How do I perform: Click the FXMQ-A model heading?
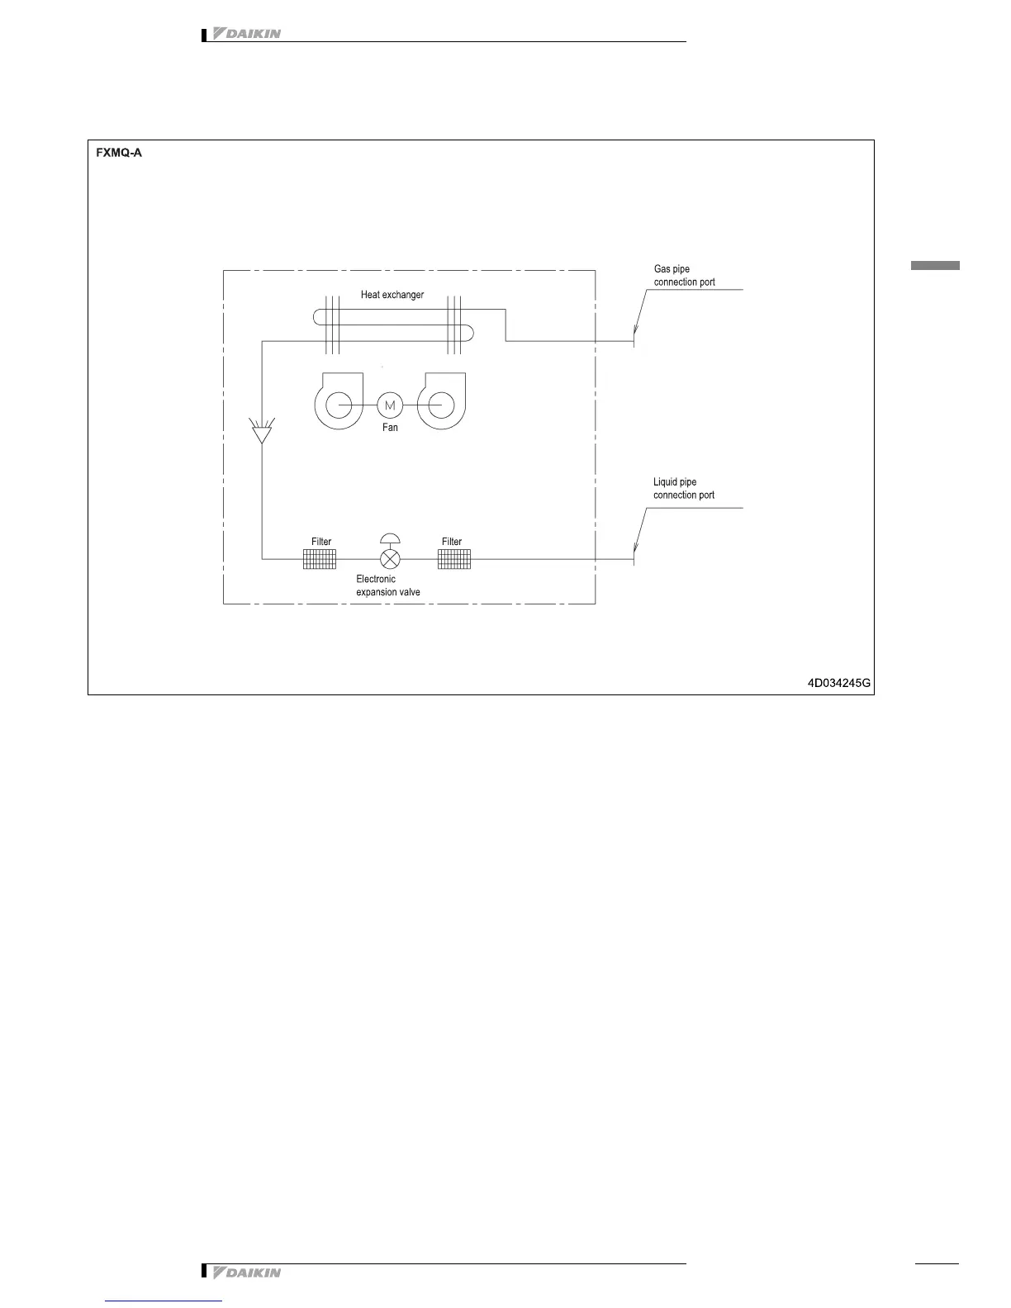[x=119, y=153]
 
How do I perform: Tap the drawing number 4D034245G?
[x=839, y=683]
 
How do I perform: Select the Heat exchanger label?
[x=392, y=295]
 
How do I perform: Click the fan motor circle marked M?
[x=390, y=405]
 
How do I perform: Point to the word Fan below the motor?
[x=390, y=428]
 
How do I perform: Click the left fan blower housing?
[x=339, y=402]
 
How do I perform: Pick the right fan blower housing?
[x=441, y=402]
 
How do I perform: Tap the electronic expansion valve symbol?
[x=390, y=559]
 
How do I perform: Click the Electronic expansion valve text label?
[x=388, y=585]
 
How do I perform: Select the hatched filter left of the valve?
[x=320, y=559]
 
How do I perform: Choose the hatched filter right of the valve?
[x=453, y=559]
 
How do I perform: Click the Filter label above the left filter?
[x=321, y=542]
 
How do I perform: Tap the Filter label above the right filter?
[x=452, y=542]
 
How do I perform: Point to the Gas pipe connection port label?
[x=684, y=276]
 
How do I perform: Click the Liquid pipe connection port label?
[x=684, y=489]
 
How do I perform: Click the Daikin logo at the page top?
[x=247, y=34]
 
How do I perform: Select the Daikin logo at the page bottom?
[x=247, y=1272]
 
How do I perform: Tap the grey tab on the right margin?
[x=935, y=266]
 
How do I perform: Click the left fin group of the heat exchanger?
[x=332, y=325]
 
